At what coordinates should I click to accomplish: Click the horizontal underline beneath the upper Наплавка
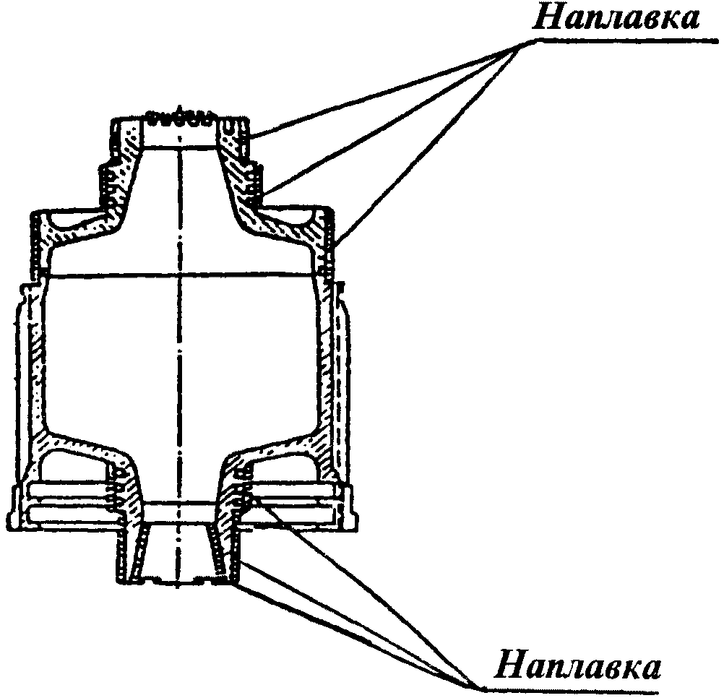tap(621, 42)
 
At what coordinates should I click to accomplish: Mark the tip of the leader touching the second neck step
tap(262, 194)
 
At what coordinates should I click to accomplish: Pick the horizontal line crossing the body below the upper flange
tap(181, 274)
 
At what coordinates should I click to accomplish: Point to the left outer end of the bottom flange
tap(16, 506)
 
